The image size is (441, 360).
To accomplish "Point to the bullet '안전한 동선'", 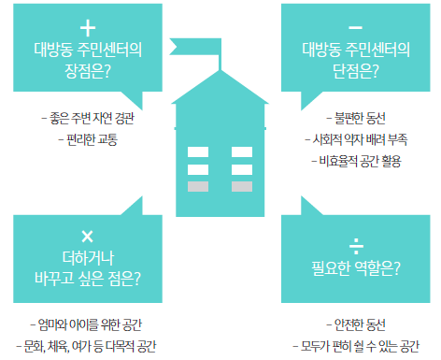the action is click(356, 324).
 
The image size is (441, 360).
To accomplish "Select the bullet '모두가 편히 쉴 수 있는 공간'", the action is click(357, 346).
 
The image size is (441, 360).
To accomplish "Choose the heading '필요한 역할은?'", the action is click(356, 270).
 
